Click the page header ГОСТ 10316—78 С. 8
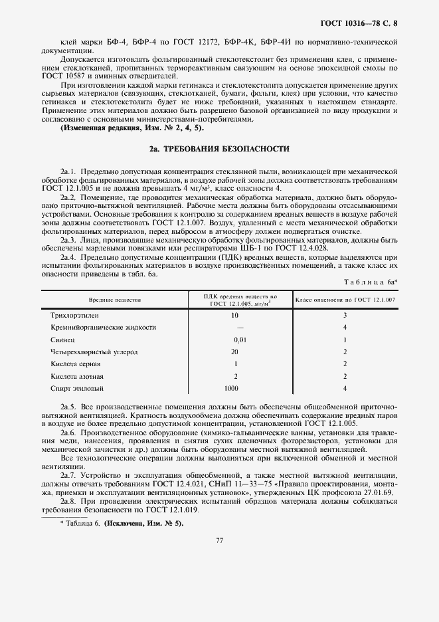(x=361, y=25)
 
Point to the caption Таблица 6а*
(x=371, y=282)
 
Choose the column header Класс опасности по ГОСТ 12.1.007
(x=345, y=300)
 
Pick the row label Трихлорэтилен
(x=74, y=315)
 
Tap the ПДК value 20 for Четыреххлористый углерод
(x=234, y=352)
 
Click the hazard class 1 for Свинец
(x=345, y=340)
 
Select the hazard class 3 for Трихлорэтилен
(x=345, y=315)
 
